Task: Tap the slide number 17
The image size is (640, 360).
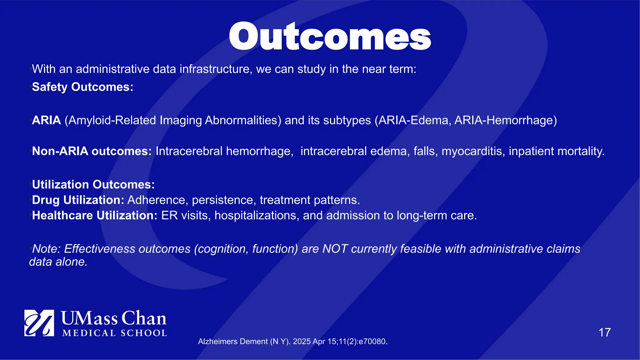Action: pos(604,332)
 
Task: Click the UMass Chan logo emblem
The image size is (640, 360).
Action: pos(39,323)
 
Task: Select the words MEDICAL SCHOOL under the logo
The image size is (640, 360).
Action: pos(114,333)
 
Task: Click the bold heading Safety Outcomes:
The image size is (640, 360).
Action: pos(82,87)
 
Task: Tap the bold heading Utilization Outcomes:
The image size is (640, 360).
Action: pos(93,184)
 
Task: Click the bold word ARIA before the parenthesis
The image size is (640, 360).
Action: pos(46,120)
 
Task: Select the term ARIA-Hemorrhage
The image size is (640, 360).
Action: pos(505,120)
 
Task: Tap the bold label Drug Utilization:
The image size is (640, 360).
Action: pos(78,200)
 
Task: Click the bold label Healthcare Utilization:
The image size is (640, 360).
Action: pos(95,215)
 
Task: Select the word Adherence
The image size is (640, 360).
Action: pos(156,200)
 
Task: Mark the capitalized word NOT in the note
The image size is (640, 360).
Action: pos(335,249)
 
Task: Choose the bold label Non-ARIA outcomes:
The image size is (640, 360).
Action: pos(92,151)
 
